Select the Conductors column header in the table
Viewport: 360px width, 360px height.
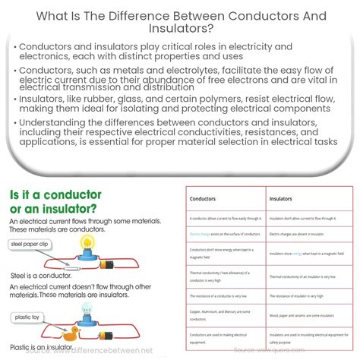pyautogui.click(x=204, y=199)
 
